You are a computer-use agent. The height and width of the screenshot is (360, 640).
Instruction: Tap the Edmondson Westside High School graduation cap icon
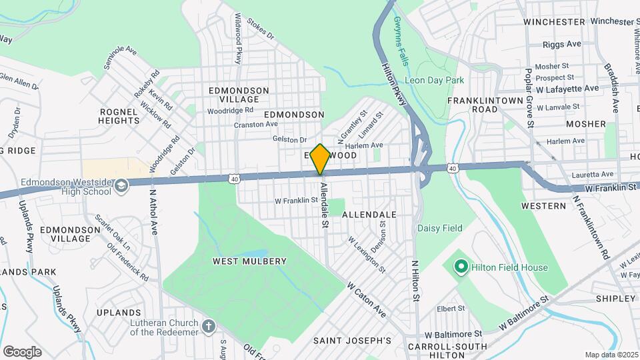121,185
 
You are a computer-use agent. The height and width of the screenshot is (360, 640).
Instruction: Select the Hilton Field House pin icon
460,267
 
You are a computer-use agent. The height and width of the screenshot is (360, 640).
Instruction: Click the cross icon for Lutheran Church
209,327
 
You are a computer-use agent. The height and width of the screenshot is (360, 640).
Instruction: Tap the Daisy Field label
439,228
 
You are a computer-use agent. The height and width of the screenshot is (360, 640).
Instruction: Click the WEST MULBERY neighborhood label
249,261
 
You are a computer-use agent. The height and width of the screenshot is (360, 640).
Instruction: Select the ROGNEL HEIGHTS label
119,116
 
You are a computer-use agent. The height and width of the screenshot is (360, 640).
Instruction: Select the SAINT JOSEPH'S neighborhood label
352,341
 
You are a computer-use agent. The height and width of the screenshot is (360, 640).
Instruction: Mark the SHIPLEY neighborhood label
615,298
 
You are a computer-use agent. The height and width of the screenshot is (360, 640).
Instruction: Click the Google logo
22,351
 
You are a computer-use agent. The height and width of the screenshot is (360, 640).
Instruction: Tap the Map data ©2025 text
610,355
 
